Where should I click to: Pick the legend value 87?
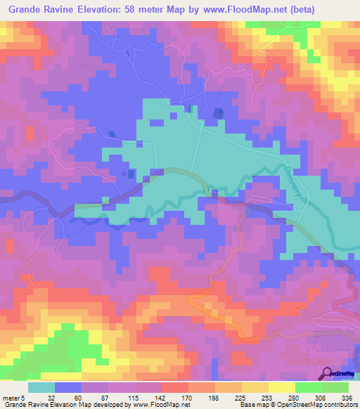tap(105, 397)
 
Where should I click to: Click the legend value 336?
tap(347, 397)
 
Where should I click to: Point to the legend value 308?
tap(321, 397)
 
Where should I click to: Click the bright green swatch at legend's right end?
tap(335, 387)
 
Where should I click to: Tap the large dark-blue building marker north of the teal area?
tap(217, 113)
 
